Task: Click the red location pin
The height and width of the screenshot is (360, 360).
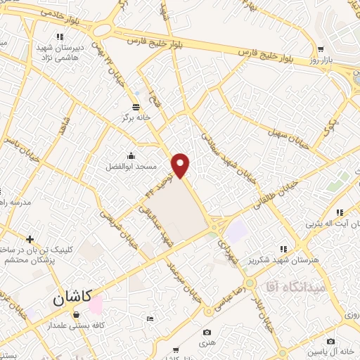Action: (181, 165)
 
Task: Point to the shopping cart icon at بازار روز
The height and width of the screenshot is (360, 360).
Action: (321, 49)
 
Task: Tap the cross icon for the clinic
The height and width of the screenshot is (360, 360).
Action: (30, 240)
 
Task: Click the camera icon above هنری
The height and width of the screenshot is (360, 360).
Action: (207, 332)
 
